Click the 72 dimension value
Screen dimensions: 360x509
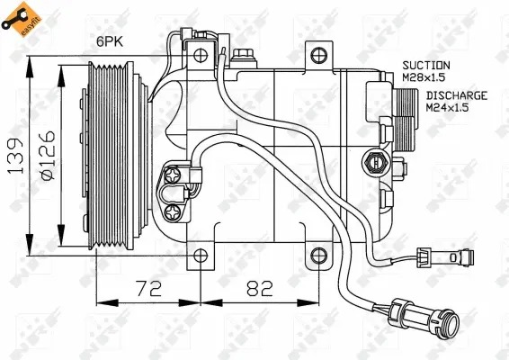click(142, 289)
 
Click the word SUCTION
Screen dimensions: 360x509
click(426, 65)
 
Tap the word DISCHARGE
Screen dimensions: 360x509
click(457, 94)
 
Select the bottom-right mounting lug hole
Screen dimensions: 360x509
click(317, 257)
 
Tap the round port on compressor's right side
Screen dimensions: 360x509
click(374, 163)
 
